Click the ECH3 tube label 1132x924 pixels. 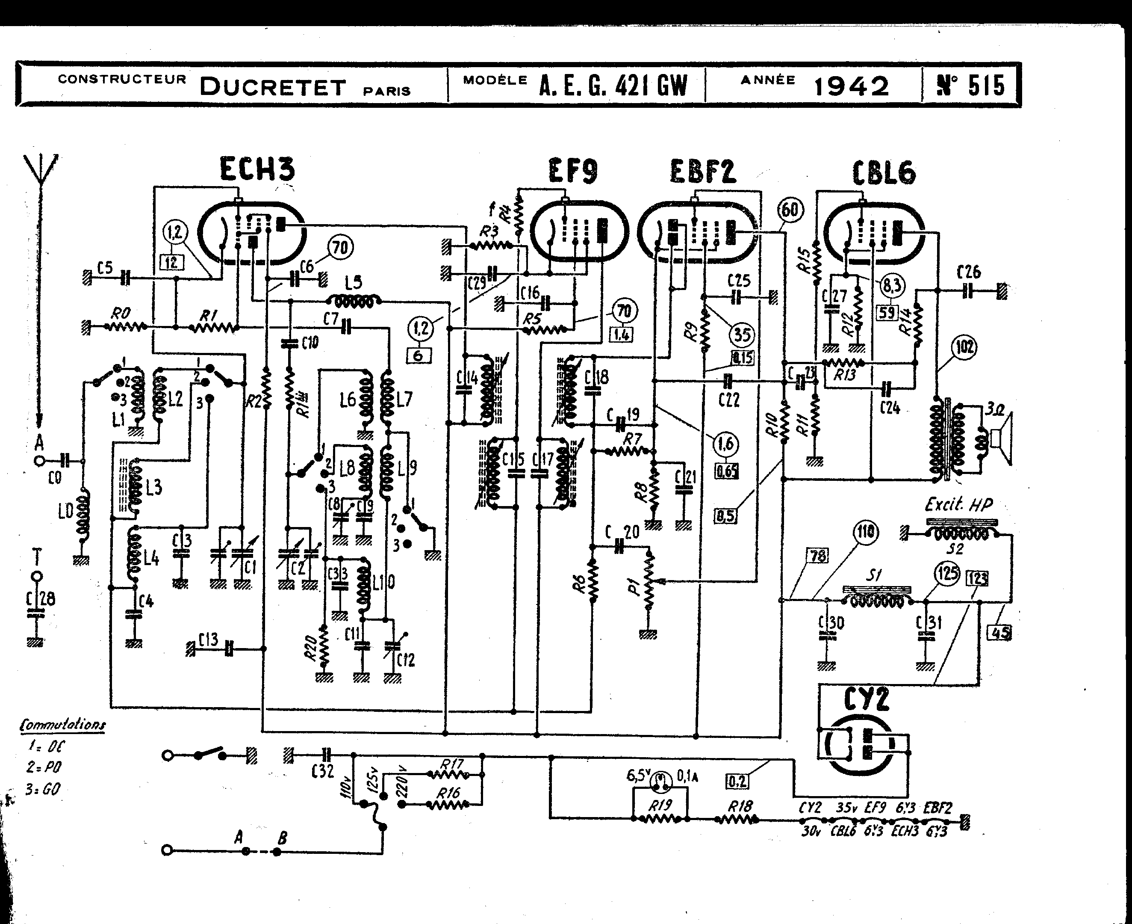(x=257, y=169)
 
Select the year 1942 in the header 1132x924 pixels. (x=851, y=87)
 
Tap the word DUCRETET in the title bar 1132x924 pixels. (x=273, y=87)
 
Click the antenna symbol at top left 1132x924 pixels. (x=41, y=170)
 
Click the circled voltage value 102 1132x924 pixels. (x=964, y=347)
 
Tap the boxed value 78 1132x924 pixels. (x=818, y=556)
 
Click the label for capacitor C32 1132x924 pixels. (x=322, y=770)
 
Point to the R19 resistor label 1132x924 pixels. (x=660, y=806)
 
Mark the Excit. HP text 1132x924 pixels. (x=958, y=504)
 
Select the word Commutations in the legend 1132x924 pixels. (x=62, y=725)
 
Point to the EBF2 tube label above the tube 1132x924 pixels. (x=702, y=172)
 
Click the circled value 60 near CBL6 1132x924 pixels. (x=790, y=210)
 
